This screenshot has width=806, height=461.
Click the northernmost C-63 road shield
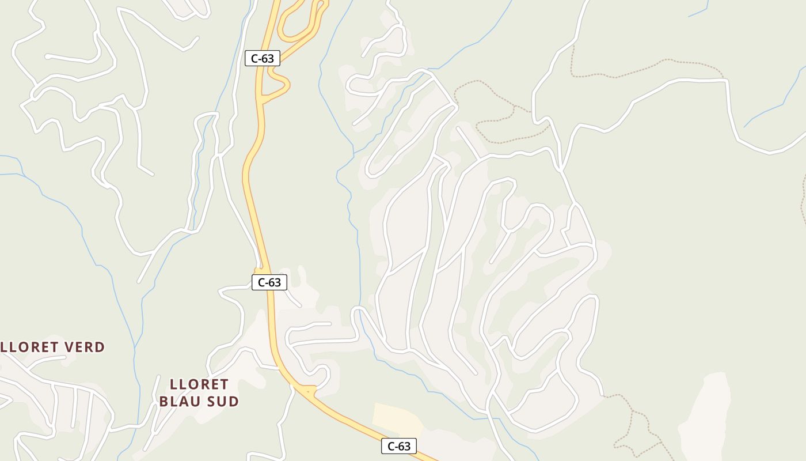(x=263, y=58)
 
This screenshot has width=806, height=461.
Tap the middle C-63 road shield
(x=269, y=282)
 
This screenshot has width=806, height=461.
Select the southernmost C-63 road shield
(x=398, y=446)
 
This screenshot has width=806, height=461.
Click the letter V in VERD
(x=68, y=347)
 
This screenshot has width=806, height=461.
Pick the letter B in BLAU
(x=164, y=401)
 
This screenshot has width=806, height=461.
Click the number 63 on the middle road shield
(x=274, y=282)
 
